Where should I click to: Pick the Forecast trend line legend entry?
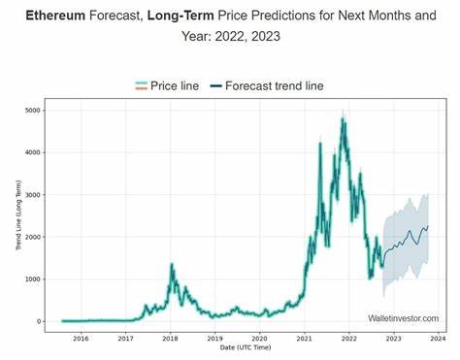pyautogui.click(x=274, y=85)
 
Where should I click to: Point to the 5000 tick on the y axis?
pyautogui.click(x=32, y=110)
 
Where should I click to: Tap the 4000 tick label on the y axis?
pyautogui.click(x=32, y=152)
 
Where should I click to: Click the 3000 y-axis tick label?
pyautogui.click(x=32, y=194)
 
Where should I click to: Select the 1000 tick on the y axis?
pyautogui.click(x=32, y=278)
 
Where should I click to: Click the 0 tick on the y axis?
pyautogui.click(x=39, y=321)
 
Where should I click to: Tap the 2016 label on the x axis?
pyautogui.click(x=81, y=338)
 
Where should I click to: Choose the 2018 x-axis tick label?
pyautogui.click(x=170, y=338)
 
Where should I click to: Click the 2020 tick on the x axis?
pyautogui.click(x=259, y=338)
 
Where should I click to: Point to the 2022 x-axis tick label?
pyautogui.click(x=348, y=338)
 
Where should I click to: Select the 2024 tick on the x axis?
pyautogui.click(x=438, y=338)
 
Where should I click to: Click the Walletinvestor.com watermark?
pyautogui.click(x=403, y=317)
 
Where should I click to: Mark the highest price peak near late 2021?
pyautogui.click(x=343, y=119)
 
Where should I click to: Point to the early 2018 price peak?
pyautogui.click(x=172, y=263)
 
